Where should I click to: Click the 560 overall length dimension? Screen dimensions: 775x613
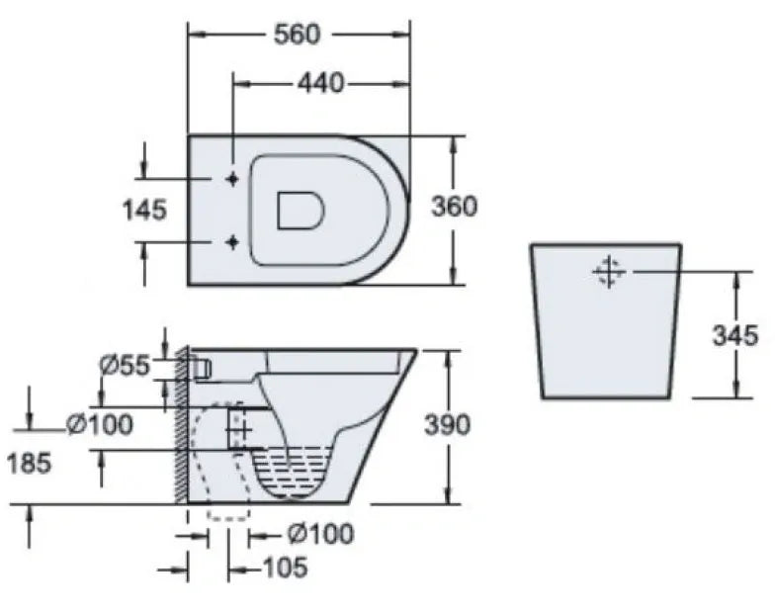[x=298, y=34]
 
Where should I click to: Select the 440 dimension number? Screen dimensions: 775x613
[x=320, y=83]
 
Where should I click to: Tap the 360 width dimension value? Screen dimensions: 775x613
[x=455, y=206]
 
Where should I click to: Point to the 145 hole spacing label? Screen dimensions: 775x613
[x=144, y=210]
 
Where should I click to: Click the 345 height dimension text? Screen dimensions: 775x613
[x=735, y=335]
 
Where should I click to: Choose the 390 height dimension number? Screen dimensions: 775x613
[x=447, y=425]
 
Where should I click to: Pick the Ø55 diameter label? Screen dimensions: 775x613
[x=125, y=366]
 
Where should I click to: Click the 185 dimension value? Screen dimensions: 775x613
[x=30, y=464]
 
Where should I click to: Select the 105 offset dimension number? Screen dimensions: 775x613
[x=285, y=568]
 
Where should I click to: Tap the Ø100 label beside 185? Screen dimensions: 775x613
[x=100, y=424]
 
